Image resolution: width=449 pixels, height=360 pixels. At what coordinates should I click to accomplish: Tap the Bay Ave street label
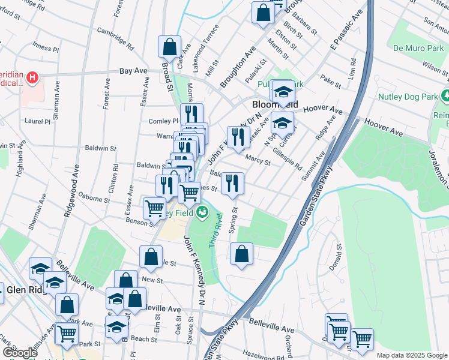tap(133, 71)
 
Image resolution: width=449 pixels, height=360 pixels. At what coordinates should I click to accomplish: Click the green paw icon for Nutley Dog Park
tap(445, 95)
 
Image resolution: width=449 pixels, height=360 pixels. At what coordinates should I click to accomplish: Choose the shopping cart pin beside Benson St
tap(154, 208)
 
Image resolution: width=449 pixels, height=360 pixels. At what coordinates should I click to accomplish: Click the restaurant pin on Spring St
tap(233, 183)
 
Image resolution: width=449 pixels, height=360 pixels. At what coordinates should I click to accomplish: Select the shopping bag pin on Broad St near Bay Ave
tap(170, 47)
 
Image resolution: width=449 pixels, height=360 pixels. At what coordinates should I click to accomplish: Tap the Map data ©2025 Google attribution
tap(411, 355)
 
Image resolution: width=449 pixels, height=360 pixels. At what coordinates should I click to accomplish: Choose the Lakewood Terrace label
tap(202, 55)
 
